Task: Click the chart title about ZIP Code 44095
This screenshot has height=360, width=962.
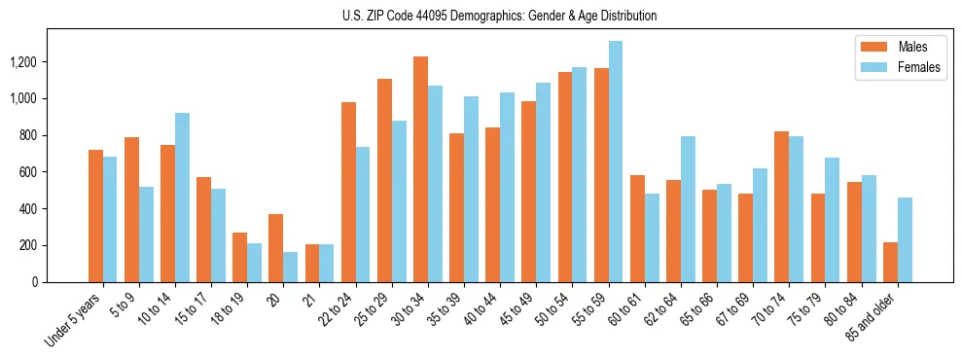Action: click(500, 16)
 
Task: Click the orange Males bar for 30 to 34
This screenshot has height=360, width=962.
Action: click(420, 169)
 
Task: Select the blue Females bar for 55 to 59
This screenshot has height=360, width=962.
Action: click(615, 162)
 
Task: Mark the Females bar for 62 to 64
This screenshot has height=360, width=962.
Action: click(687, 209)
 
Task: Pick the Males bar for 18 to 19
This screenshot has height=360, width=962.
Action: click(239, 258)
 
